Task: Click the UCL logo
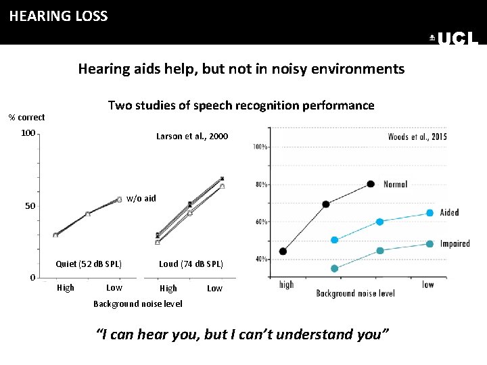pyautogui.click(x=455, y=39)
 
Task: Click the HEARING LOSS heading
pyautogui.click(x=58, y=16)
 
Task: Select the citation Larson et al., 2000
pyautogui.click(x=192, y=137)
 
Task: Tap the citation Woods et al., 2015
pyautogui.click(x=417, y=137)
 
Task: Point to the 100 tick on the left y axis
pyautogui.click(x=28, y=133)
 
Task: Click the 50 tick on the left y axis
pyautogui.click(x=30, y=205)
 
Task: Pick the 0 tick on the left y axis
pyautogui.click(x=32, y=278)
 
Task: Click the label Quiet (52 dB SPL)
pyautogui.click(x=89, y=264)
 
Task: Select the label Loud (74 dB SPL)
pyautogui.click(x=191, y=264)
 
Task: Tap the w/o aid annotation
pyautogui.click(x=141, y=199)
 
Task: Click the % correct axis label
pyautogui.click(x=26, y=118)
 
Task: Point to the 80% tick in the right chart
pyautogui.click(x=260, y=184)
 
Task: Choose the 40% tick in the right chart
pyautogui.click(x=260, y=259)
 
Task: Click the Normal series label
pyautogui.click(x=396, y=184)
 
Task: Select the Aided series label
pyautogui.click(x=449, y=212)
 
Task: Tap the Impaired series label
pyautogui.click(x=455, y=243)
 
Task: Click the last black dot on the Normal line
pyautogui.click(x=370, y=184)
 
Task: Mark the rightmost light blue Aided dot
pyautogui.click(x=430, y=213)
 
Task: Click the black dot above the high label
pyautogui.click(x=283, y=251)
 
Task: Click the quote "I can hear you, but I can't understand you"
pyautogui.click(x=243, y=334)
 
